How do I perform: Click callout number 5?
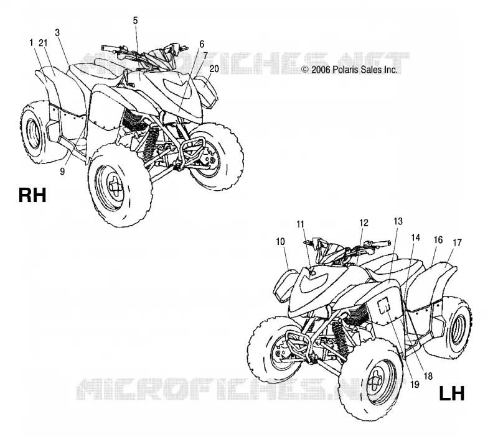pyautogui.click(x=135, y=21)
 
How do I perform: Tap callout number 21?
pyautogui.click(x=43, y=43)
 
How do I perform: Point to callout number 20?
pyautogui.click(x=214, y=68)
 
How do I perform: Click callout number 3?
pyautogui.click(x=57, y=33)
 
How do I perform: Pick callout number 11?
pyautogui.click(x=300, y=224)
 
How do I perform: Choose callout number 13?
pyautogui.click(x=398, y=221)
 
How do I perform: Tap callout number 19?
pyautogui.click(x=415, y=385)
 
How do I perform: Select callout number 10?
pyautogui.click(x=281, y=242)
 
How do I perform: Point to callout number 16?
pyautogui.click(x=438, y=240)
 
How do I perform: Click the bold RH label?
pyautogui.click(x=32, y=195)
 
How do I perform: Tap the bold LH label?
pyautogui.click(x=452, y=393)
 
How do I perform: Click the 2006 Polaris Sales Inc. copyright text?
pyautogui.click(x=349, y=70)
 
